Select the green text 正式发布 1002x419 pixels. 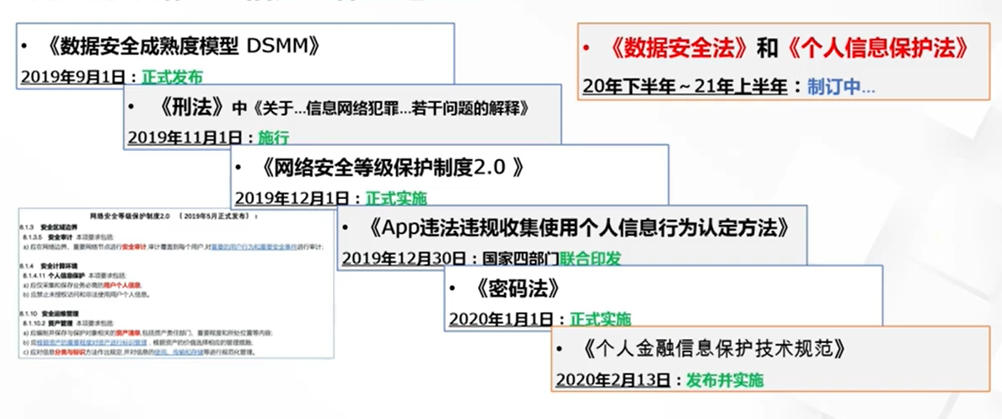click(172, 77)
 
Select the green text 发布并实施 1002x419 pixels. click(725, 379)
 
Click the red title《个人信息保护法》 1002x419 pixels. click(876, 50)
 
